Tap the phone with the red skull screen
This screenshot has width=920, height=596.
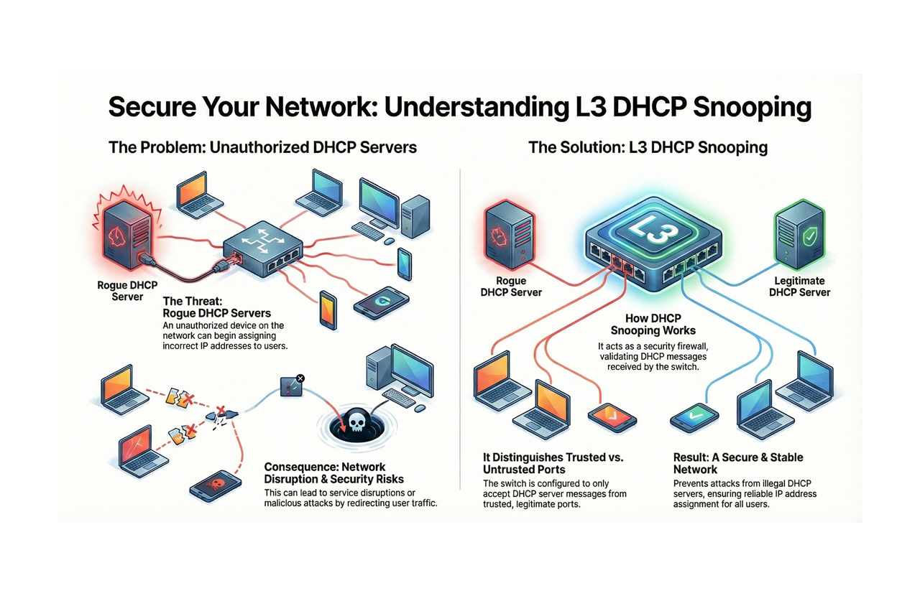click(214, 486)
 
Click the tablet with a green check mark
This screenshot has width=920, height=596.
click(694, 415)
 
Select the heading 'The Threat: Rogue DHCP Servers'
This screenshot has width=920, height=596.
click(217, 307)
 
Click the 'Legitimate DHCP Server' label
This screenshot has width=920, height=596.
click(799, 287)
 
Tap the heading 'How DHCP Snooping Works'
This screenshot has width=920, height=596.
click(653, 325)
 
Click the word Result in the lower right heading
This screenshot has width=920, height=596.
click(690, 457)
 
